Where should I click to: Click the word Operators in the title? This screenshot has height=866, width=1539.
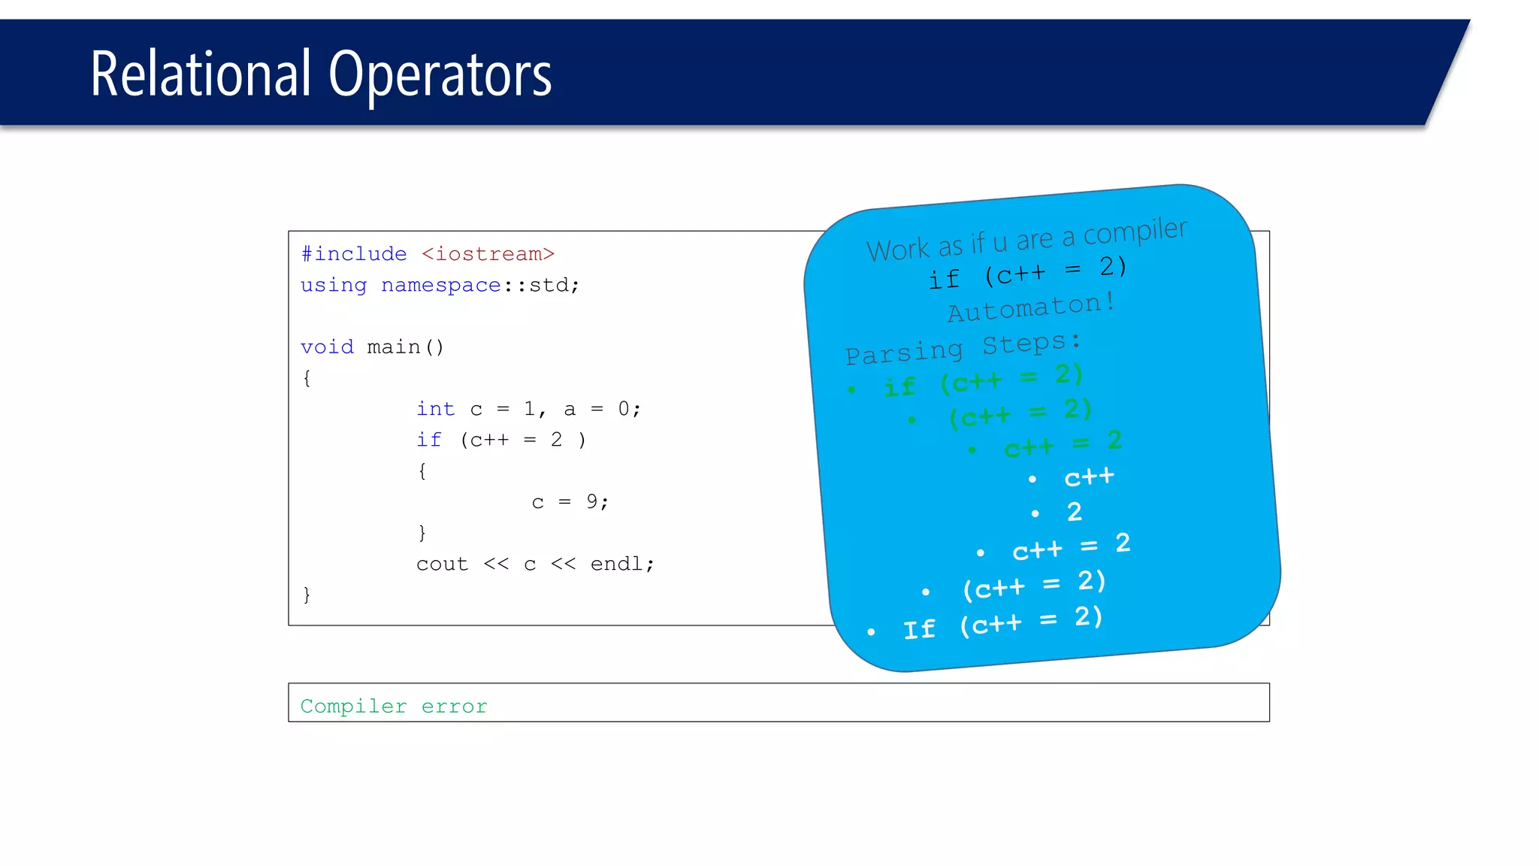[x=440, y=75]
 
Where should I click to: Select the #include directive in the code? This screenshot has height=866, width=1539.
[x=353, y=254]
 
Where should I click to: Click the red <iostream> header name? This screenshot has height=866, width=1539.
[x=488, y=254]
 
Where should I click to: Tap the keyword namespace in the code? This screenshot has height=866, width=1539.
[x=440, y=286]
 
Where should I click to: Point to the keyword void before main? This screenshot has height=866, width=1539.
[x=327, y=347]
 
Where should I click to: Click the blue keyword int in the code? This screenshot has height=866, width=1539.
[x=436, y=409]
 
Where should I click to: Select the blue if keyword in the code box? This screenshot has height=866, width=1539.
[x=429, y=440]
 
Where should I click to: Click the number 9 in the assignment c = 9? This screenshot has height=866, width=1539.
[x=592, y=501]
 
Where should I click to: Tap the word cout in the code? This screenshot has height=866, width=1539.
[x=442, y=564]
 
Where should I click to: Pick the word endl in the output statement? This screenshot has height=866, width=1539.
[x=616, y=564]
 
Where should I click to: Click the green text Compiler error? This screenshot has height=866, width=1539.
[x=394, y=707]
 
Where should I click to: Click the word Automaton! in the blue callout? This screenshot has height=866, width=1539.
[x=1030, y=307]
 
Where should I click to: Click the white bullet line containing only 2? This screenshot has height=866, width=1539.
[x=1074, y=513]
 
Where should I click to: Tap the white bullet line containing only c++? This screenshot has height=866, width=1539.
[x=1089, y=477]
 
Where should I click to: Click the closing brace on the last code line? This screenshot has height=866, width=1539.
[x=307, y=595]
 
